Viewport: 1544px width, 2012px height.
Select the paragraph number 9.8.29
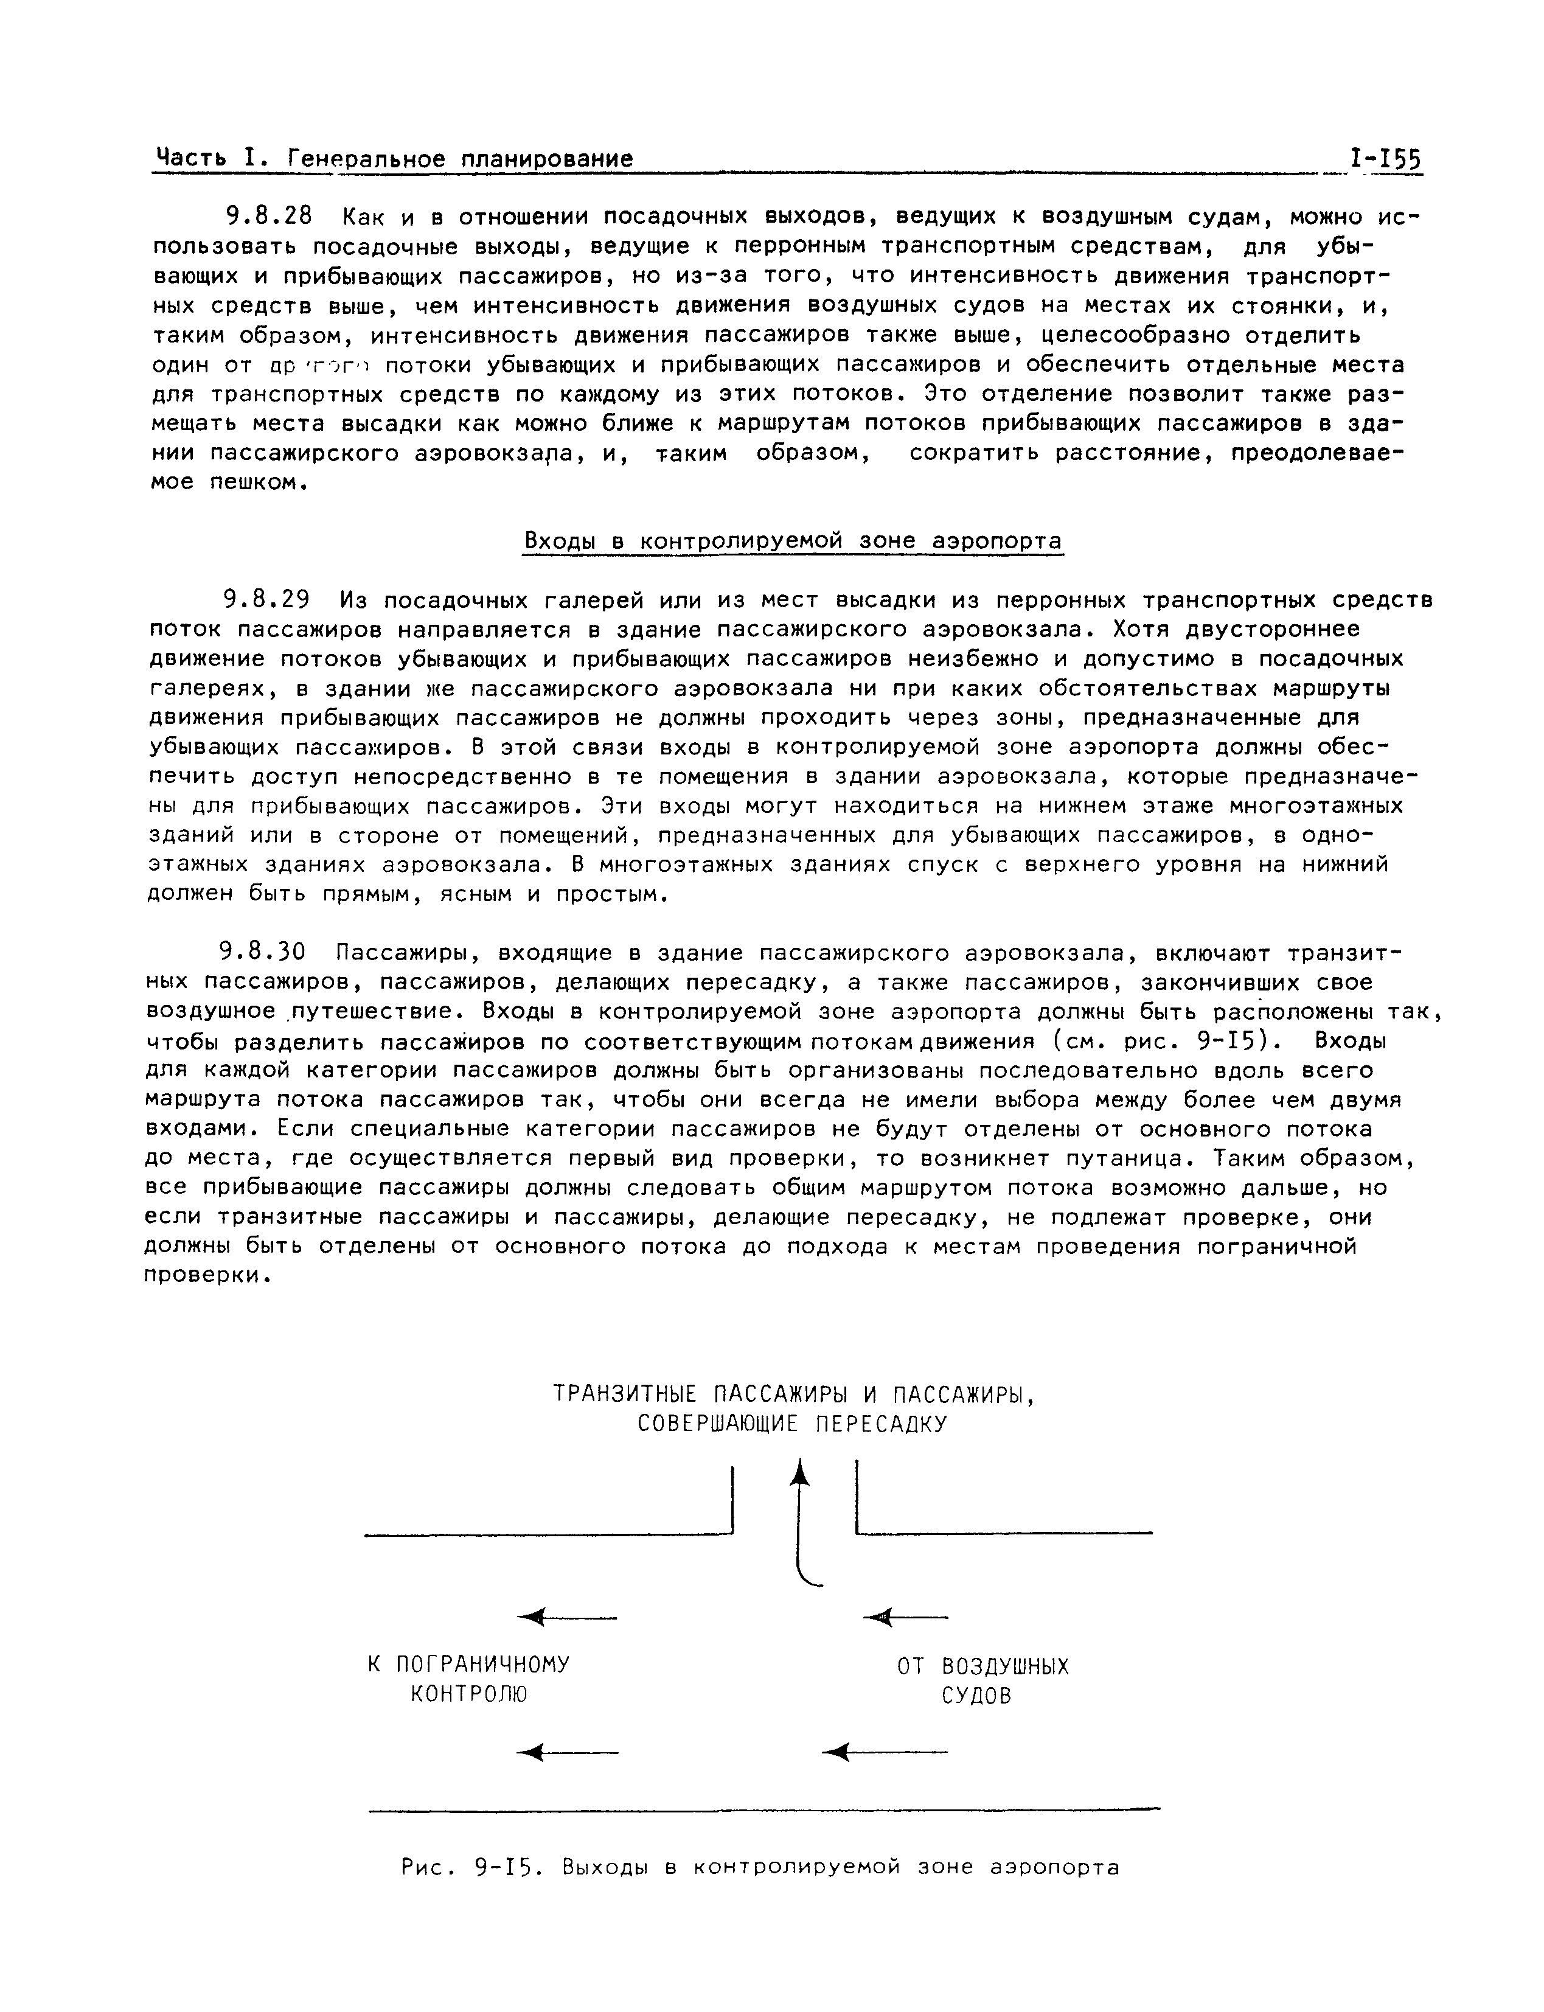click(x=268, y=600)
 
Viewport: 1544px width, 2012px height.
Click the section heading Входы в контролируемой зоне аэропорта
click(x=792, y=541)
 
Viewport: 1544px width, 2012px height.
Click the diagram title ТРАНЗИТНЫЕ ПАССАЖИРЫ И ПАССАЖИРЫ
click(x=794, y=1394)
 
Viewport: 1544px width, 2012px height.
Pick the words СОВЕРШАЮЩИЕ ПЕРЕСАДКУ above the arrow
click(x=792, y=1425)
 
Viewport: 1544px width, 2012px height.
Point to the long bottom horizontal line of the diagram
click(x=763, y=1810)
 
